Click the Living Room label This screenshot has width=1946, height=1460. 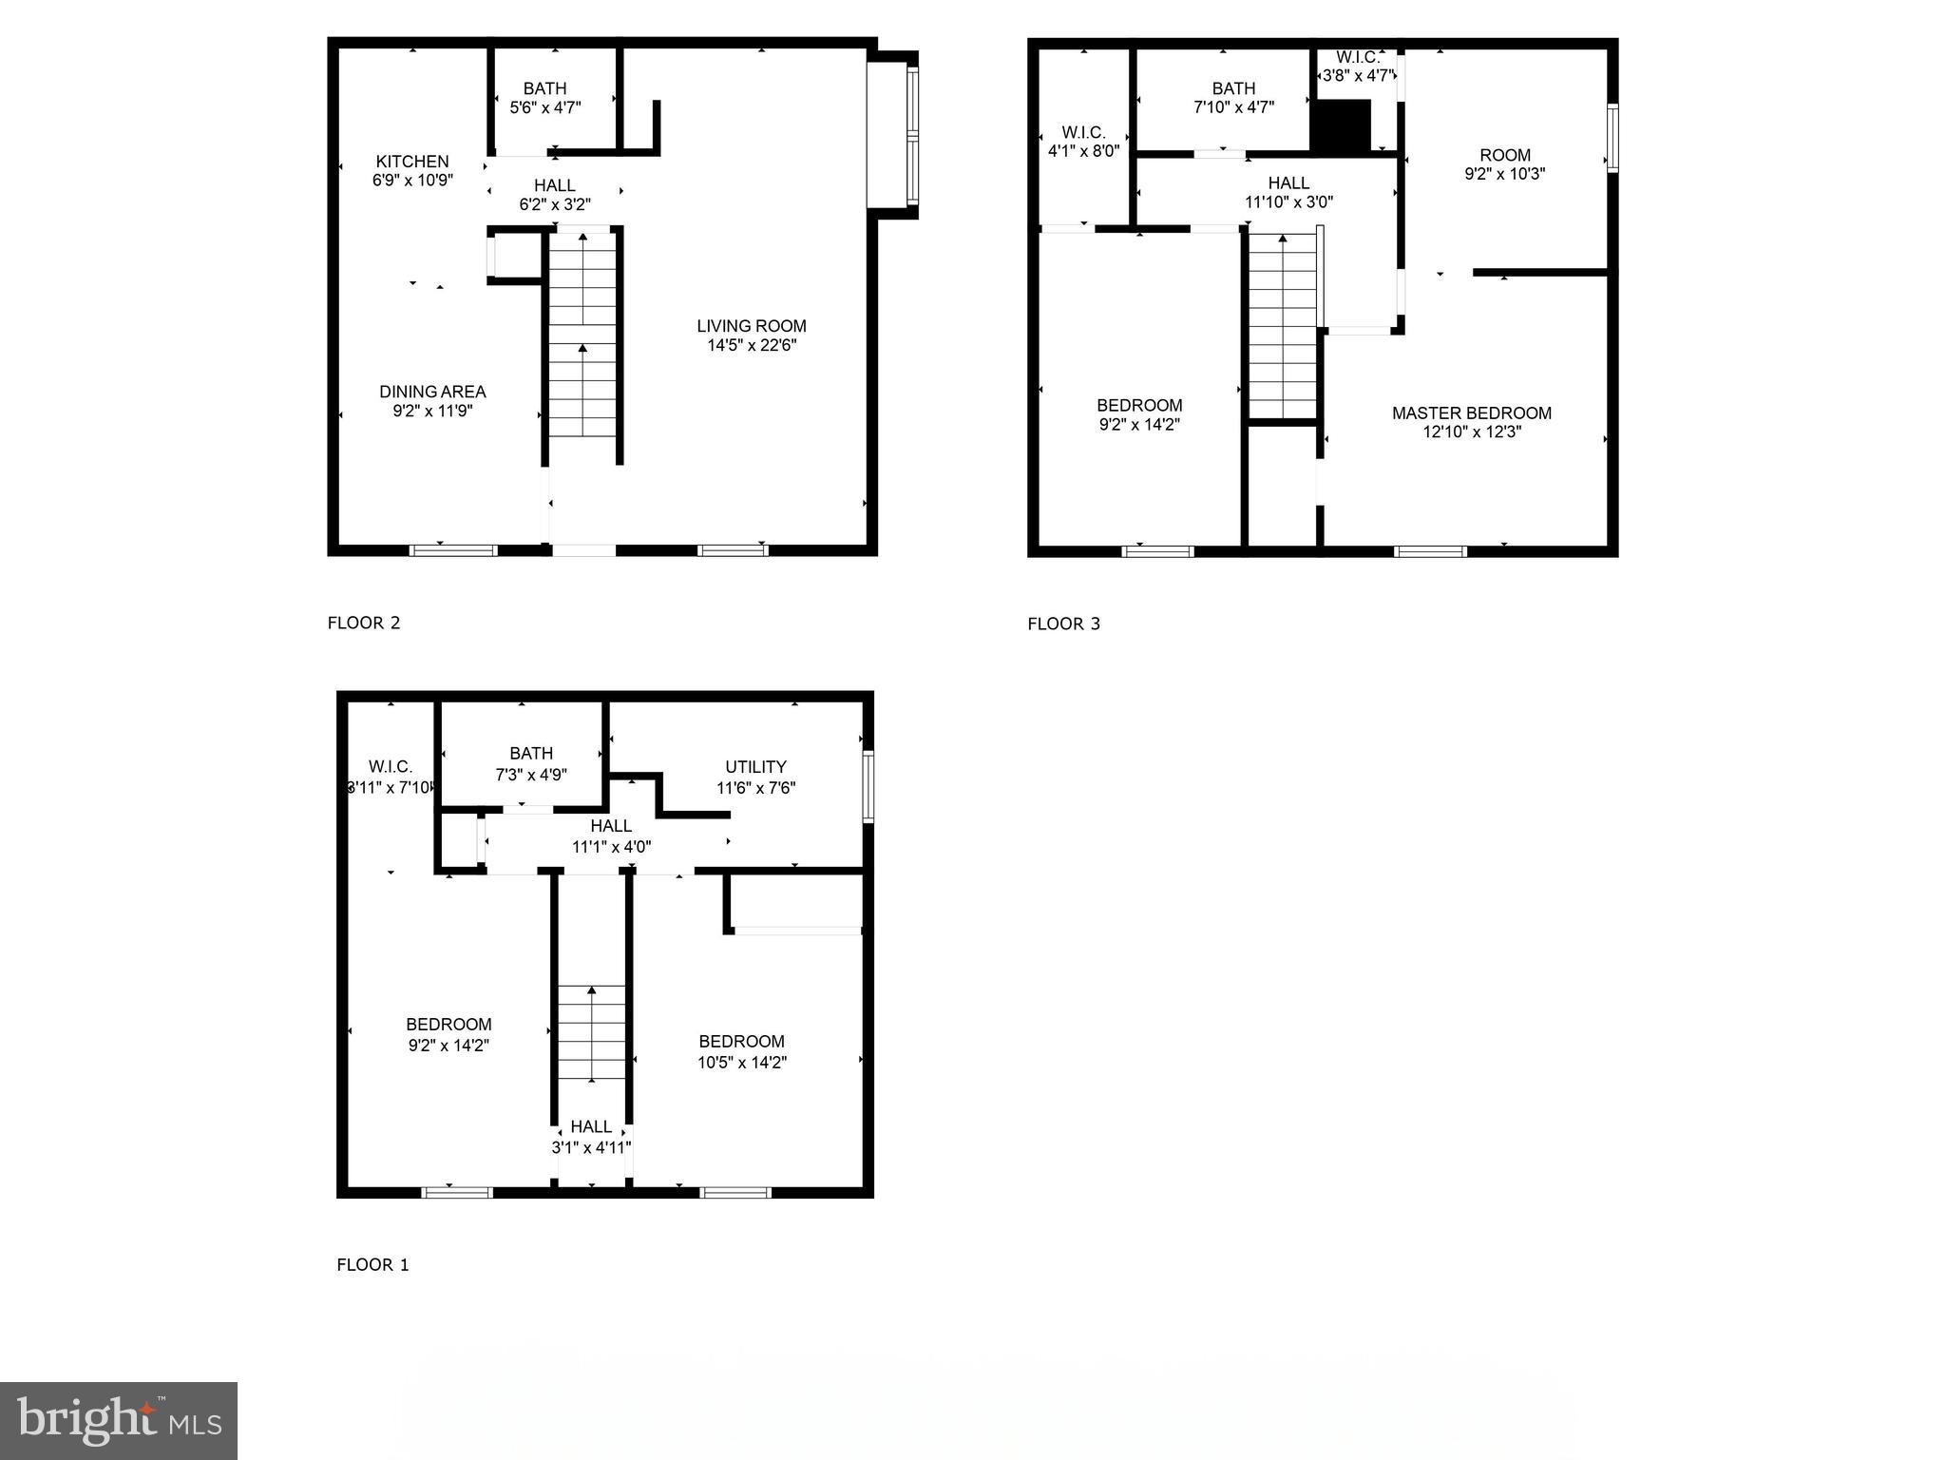(x=751, y=326)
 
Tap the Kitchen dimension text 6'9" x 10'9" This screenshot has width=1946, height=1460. (x=412, y=180)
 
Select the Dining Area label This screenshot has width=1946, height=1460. (x=432, y=392)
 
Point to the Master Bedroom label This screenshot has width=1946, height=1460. (x=1471, y=413)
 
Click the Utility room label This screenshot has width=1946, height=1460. (x=755, y=767)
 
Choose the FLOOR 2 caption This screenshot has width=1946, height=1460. (x=364, y=624)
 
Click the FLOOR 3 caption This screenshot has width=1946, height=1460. (x=1063, y=624)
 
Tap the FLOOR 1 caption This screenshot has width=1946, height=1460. (x=372, y=1265)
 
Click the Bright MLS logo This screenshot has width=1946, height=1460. (x=119, y=1420)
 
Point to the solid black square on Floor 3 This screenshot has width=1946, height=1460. (x=1341, y=125)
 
